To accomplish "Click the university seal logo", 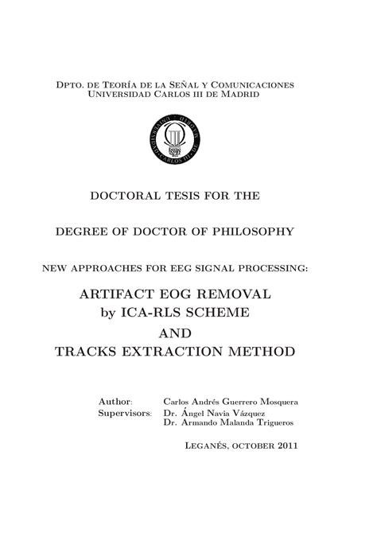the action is pos(174,141).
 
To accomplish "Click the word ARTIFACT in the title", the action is pos(113,294).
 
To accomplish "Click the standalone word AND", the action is pos(174,333).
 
